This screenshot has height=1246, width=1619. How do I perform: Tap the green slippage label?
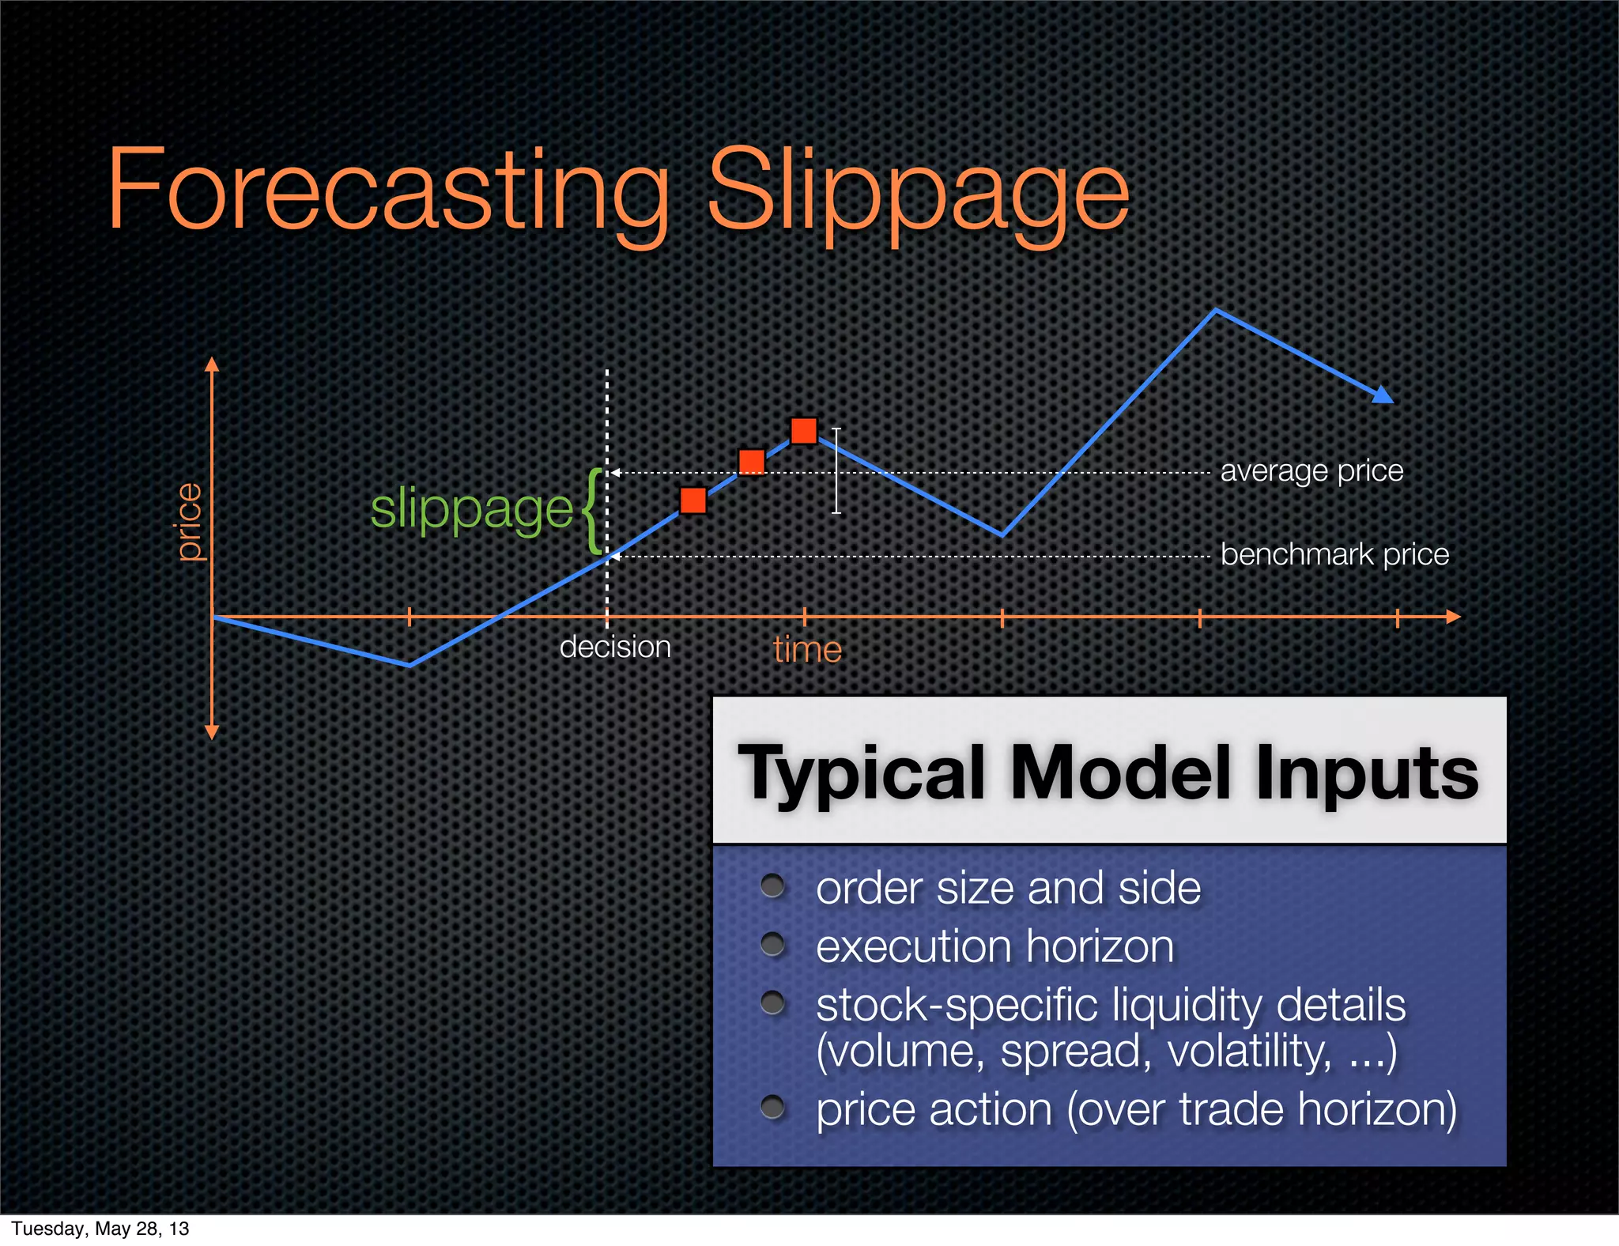click(471, 509)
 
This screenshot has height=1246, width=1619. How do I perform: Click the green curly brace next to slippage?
click(592, 511)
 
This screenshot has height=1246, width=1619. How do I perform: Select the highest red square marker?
click(804, 431)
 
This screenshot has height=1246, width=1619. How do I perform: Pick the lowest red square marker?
click(693, 500)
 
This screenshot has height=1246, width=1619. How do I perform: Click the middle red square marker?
click(751, 462)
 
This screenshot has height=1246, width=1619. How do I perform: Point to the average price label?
click(1311, 471)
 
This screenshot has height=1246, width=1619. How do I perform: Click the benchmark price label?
click(1334, 554)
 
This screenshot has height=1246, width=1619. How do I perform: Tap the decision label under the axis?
click(615, 648)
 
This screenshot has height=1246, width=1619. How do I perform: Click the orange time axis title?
click(807, 650)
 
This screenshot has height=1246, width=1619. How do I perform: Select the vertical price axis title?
click(190, 522)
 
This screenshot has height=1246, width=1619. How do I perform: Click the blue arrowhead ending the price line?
click(1383, 395)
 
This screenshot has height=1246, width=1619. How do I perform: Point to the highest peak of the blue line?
click(1216, 311)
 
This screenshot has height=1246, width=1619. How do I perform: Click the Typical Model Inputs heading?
click(1108, 772)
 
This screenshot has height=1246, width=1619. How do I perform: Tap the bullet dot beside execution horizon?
click(772, 944)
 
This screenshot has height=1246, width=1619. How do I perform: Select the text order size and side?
click(1008, 888)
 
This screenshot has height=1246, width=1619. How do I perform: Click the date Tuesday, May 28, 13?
click(100, 1229)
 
